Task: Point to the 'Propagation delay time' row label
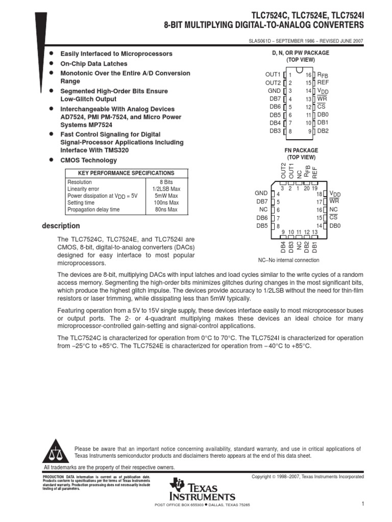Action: (93, 210)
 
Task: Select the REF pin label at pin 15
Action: (323, 82)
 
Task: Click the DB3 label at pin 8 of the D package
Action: (275, 131)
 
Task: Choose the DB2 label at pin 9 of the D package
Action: (323, 131)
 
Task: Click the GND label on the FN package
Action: (261, 193)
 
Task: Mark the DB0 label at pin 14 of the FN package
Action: (335, 225)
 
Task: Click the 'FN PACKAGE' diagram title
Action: (301, 150)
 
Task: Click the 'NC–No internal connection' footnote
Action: (288, 260)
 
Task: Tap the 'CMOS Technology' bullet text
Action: (89, 160)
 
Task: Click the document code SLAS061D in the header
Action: (279, 40)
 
